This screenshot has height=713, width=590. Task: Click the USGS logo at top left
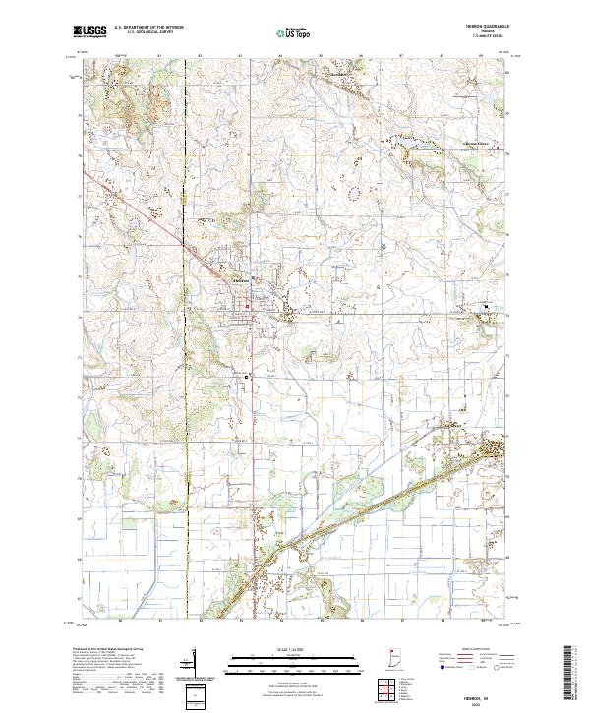click(x=89, y=30)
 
